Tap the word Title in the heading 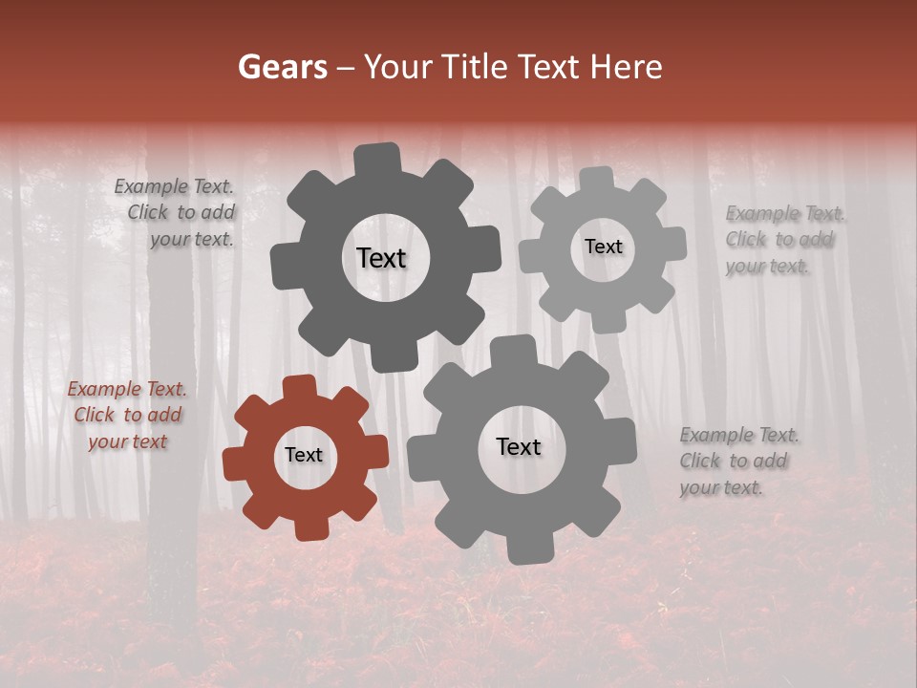(x=478, y=67)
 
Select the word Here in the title (x=627, y=67)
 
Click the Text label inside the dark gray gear (x=381, y=258)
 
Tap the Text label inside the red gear (x=304, y=455)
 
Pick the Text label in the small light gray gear (x=603, y=247)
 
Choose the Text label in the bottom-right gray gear (x=519, y=447)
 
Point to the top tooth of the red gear (x=300, y=388)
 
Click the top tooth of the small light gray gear (x=597, y=179)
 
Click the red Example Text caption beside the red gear (x=127, y=415)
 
